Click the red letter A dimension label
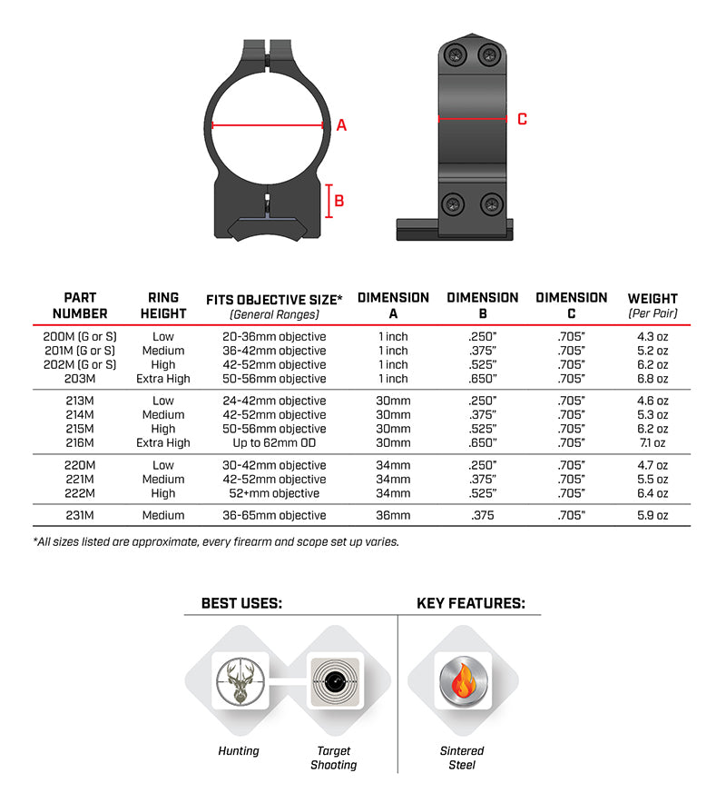coord(341,125)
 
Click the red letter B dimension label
coord(338,201)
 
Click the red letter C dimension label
coord(522,119)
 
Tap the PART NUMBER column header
coord(80,305)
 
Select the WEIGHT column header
coord(652,305)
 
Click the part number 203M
coord(80,379)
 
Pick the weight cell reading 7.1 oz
coord(652,443)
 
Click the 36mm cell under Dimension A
coord(393,515)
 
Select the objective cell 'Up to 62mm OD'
coord(275,443)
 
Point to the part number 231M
coord(80,515)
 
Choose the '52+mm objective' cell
coord(275,493)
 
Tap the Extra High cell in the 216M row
coord(163,443)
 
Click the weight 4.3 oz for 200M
coord(652,336)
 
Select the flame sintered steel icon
coord(462,682)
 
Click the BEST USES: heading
coord(241,603)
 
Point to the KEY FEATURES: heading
coord(470,603)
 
